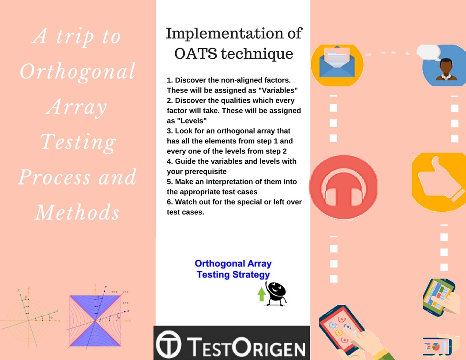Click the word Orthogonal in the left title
tap(78, 71)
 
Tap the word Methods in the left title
tap(78, 213)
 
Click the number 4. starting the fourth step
tap(170, 161)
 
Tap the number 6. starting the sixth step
tap(170, 202)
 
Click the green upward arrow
tap(261, 294)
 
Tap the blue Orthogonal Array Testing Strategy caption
tap(233, 269)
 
